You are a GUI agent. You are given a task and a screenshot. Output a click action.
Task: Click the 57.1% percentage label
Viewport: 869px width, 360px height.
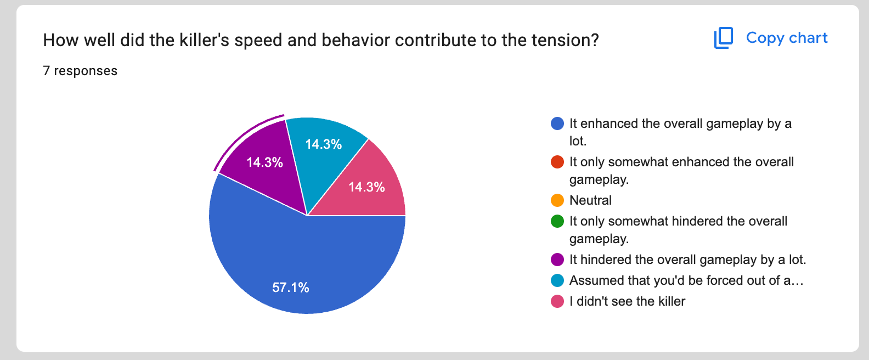click(x=291, y=288)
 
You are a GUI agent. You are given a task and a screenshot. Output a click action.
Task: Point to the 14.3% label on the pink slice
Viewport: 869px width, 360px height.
click(x=366, y=187)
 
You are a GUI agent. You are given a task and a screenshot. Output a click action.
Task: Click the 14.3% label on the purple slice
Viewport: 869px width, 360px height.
click(x=265, y=162)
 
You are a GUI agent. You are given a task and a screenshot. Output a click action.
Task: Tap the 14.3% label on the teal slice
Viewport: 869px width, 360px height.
click(x=324, y=144)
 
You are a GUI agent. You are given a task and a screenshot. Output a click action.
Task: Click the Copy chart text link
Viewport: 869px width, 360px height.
click(x=787, y=38)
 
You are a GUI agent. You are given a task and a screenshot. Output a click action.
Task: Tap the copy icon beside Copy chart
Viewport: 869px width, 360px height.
click(x=724, y=38)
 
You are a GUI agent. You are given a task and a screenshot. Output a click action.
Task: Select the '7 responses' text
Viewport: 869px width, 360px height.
click(x=80, y=71)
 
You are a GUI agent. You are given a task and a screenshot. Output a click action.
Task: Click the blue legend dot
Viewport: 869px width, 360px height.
click(x=557, y=123)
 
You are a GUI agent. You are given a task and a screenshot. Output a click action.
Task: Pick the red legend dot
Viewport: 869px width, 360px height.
click(x=557, y=162)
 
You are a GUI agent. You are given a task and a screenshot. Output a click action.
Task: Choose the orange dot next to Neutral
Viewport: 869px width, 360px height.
click(x=557, y=200)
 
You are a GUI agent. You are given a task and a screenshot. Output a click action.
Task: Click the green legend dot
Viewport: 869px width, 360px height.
click(x=557, y=221)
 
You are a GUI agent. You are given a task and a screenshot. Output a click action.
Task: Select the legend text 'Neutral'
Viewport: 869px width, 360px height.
click(x=590, y=200)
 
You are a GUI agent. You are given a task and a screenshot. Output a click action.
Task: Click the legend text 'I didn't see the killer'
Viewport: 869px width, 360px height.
click(x=627, y=301)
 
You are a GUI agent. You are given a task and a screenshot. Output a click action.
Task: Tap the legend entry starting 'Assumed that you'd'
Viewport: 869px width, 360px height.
click(x=686, y=280)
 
